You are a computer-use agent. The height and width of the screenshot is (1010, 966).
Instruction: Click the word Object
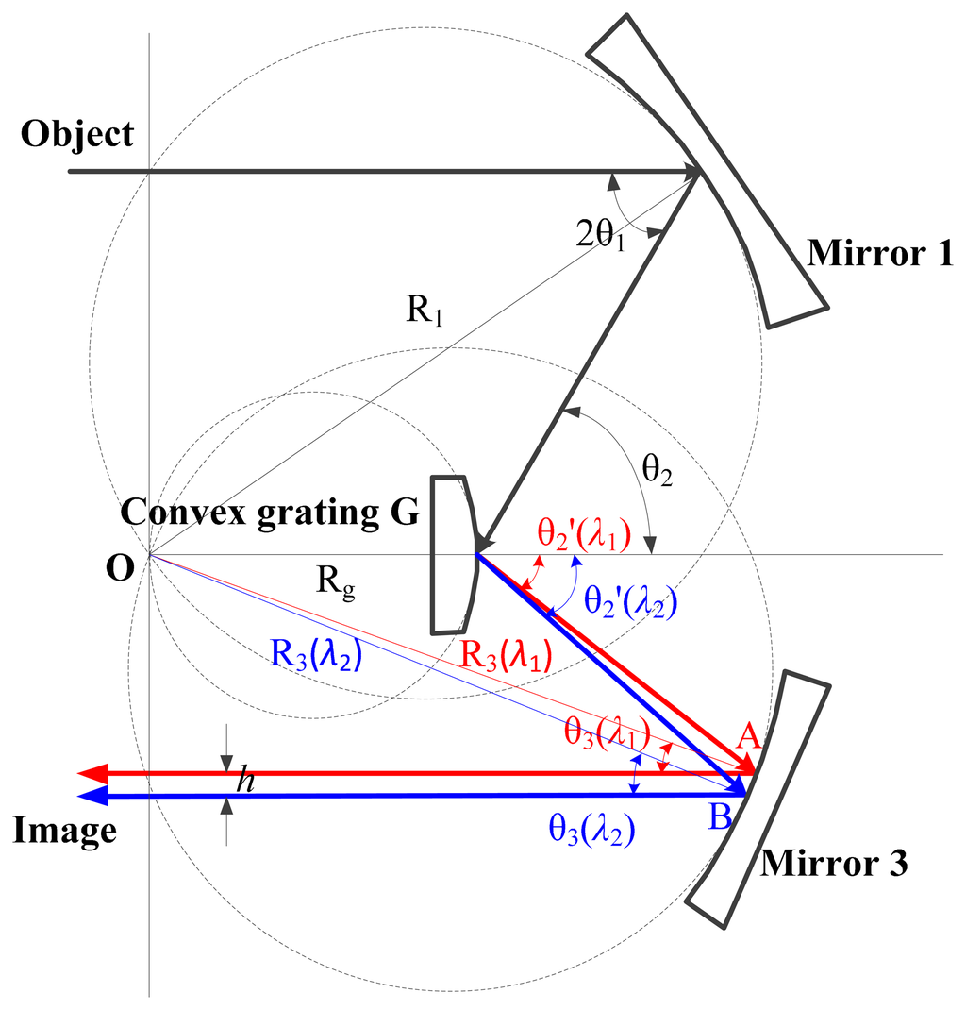pos(78,134)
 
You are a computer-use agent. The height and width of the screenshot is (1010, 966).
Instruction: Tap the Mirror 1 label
pos(881,252)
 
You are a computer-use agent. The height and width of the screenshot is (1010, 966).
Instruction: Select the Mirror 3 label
pos(834,863)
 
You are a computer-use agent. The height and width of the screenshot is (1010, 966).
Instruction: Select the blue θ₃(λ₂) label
pos(590,830)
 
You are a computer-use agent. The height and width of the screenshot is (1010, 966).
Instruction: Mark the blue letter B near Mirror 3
pos(720,816)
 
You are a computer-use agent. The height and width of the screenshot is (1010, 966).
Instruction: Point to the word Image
pos(65,831)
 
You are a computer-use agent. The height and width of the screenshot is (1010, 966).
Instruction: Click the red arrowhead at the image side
pos(92,774)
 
